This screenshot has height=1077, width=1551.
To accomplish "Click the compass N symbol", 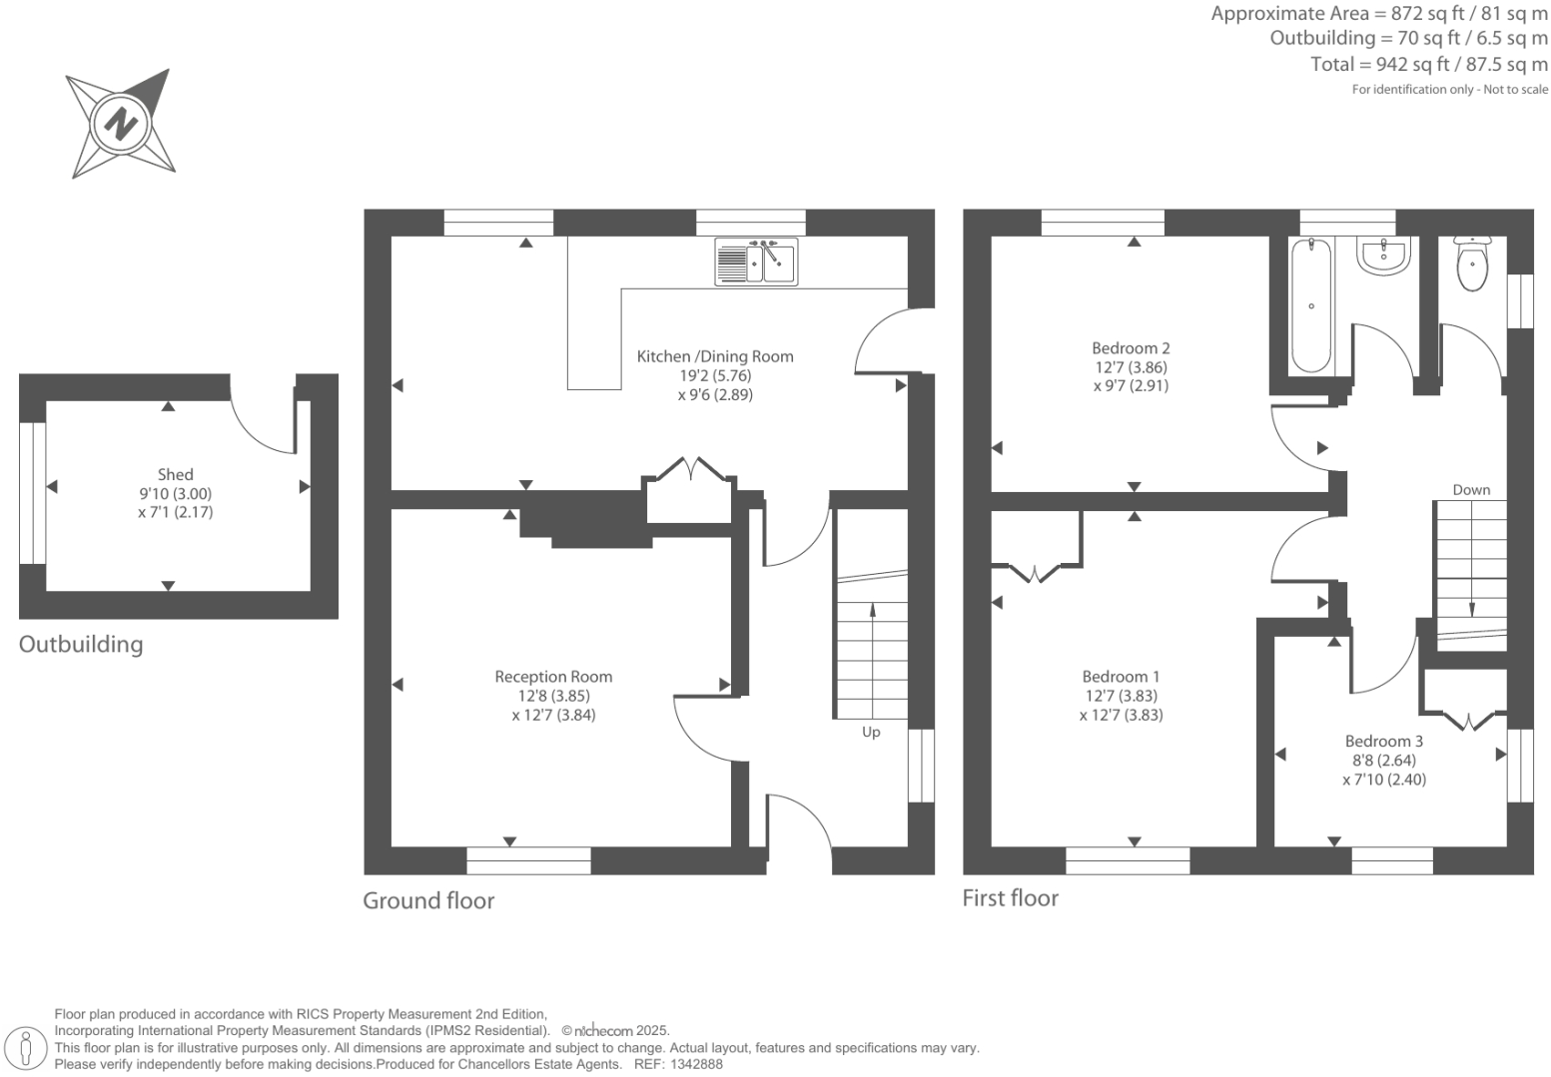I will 120,125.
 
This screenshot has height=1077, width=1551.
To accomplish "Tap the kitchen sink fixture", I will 756,262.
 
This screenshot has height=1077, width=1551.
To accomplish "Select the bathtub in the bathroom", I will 1310,305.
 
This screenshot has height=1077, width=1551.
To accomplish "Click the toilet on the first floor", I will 1471,264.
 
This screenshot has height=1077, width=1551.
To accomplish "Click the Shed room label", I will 175,475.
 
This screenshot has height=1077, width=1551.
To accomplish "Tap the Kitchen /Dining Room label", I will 715,356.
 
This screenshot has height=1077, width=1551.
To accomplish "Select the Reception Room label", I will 553,677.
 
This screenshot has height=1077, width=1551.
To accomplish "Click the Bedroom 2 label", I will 1131,348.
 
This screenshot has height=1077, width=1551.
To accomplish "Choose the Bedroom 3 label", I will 1383,741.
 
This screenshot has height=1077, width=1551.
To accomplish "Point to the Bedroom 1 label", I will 1121,677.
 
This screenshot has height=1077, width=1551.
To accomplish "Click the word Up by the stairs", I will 871,733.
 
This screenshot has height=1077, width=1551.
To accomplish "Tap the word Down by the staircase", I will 1471,490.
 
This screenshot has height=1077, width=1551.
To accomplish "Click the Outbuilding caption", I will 81,645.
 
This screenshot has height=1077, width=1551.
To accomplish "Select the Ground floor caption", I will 428,900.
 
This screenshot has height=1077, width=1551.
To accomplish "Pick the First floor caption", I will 1010,898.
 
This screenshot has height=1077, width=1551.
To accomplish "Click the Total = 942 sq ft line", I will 1428,64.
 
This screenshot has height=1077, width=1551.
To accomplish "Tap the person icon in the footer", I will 27,1048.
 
